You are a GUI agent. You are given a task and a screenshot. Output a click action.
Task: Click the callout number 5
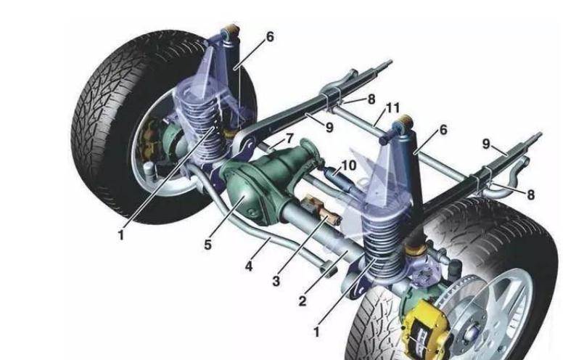point(207,245)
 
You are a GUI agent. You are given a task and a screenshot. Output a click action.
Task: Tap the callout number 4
point(248,266)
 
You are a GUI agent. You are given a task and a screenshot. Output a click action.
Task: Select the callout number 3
point(276,281)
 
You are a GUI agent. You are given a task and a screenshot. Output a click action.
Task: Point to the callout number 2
point(302,300)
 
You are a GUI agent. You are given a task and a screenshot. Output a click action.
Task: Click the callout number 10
point(348,165)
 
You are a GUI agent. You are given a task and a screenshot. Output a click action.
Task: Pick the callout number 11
point(392,108)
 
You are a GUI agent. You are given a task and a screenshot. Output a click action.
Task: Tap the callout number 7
point(289,139)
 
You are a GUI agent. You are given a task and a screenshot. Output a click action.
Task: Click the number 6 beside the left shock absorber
point(270,37)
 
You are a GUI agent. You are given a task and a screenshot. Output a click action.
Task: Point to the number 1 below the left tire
point(120,235)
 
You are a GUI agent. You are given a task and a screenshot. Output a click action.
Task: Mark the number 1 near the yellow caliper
point(316,331)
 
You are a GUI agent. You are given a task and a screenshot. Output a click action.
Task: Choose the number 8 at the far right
point(530,195)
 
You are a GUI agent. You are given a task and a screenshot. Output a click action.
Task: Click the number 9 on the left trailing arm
point(329,128)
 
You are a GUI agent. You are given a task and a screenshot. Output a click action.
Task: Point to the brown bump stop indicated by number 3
point(321,212)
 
